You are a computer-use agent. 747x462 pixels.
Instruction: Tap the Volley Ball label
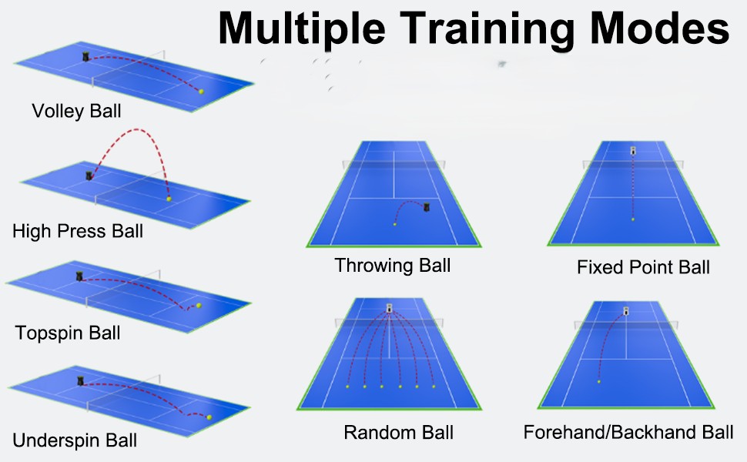[76, 111]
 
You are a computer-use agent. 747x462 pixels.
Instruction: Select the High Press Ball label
[78, 231]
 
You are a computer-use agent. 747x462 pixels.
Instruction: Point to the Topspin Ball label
[68, 333]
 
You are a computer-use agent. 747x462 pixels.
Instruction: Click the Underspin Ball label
[75, 440]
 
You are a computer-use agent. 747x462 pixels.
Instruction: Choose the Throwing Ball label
[393, 266]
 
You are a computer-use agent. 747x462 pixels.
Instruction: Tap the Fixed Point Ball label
[643, 267]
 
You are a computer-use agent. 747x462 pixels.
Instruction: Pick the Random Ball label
[398, 433]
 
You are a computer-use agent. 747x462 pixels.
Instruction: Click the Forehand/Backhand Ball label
[628, 432]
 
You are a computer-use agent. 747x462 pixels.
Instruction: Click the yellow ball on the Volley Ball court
[201, 92]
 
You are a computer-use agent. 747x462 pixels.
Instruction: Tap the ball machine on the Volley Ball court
[85, 57]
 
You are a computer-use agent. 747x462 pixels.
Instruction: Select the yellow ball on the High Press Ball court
[169, 199]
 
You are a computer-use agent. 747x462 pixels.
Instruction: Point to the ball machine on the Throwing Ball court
[427, 206]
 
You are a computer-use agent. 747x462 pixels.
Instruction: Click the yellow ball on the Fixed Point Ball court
[633, 219]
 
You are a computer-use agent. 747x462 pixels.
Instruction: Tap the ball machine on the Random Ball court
[389, 308]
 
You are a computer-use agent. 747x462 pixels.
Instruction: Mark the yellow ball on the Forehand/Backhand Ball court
[599, 381]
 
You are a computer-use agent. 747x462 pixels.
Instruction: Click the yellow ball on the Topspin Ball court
[199, 305]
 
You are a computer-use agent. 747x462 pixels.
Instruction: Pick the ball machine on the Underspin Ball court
[81, 381]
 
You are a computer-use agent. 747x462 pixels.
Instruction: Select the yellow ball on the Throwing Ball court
[394, 224]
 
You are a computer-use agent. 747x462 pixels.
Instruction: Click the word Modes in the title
[660, 28]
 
